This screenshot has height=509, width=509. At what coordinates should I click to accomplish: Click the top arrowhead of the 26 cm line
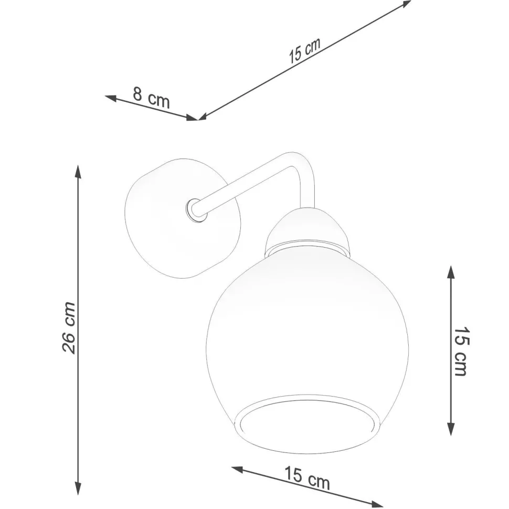click(x=78, y=171)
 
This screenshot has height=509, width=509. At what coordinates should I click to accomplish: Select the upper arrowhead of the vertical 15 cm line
click(x=450, y=271)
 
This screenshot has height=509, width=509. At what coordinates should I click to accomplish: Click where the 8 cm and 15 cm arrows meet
click(x=198, y=119)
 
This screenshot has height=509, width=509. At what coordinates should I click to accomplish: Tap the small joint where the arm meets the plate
click(x=195, y=210)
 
